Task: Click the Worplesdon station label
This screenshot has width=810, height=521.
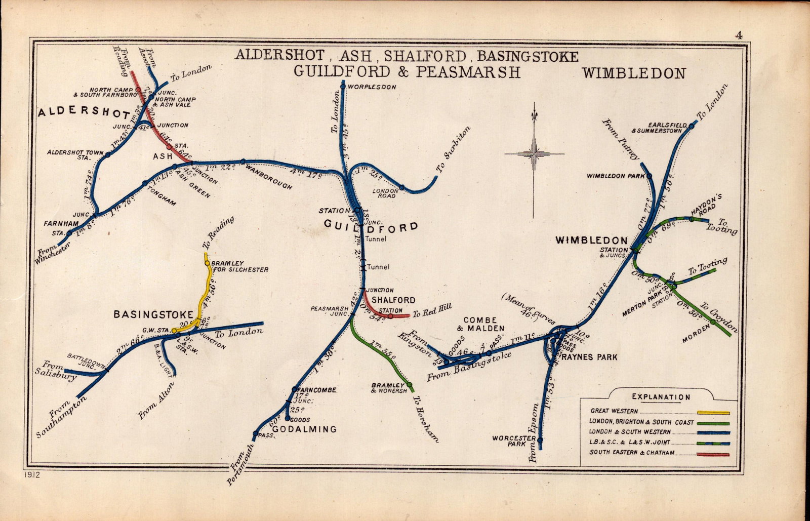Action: [372, 87]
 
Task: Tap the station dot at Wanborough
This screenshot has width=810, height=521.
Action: [243, 162]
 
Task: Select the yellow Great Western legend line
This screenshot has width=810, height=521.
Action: [713, 413]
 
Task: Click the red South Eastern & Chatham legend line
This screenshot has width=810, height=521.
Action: [713, 454]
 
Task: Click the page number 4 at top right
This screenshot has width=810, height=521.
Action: [740, 35]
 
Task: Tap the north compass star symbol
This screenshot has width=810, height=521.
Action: [534, 153]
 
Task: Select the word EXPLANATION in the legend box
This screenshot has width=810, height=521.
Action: [661, 397]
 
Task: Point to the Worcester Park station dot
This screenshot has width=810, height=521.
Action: [540, 439]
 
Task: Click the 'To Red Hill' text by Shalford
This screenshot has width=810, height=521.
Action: [431, 310]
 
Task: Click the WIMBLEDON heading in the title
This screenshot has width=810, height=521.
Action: [634, 73]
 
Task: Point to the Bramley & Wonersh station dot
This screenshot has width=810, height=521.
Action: [409, 384]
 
